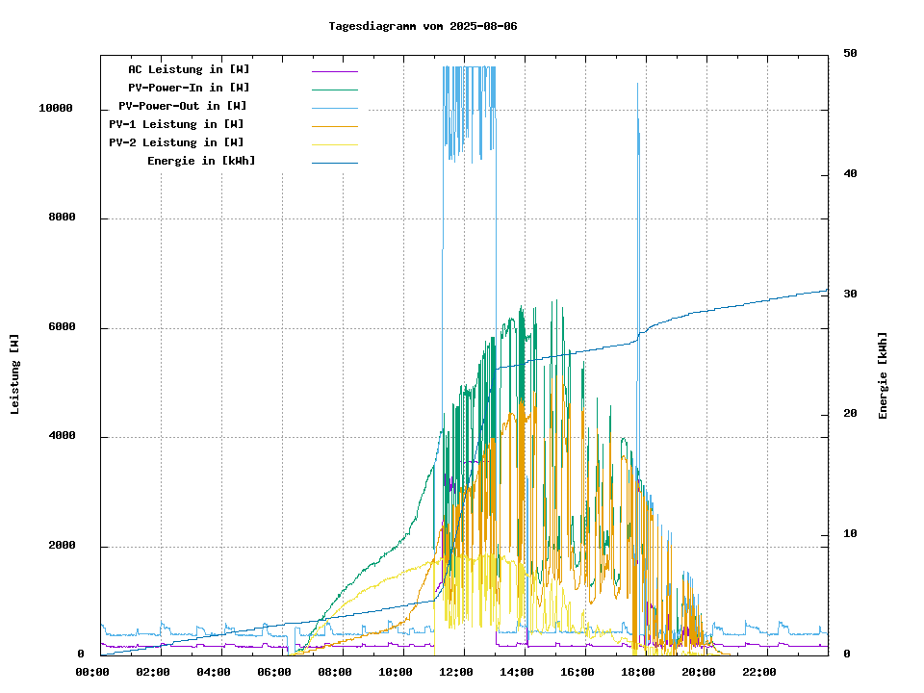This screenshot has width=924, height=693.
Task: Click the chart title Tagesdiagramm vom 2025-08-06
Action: (x=423, y=26)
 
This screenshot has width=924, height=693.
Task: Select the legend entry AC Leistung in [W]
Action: (x=189, y=69)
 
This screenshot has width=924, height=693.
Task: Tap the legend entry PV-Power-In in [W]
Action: (x=189, y=88)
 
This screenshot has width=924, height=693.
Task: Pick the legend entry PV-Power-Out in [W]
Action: (x=183, y=106)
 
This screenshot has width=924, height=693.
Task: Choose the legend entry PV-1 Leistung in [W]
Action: (x=176, y=124)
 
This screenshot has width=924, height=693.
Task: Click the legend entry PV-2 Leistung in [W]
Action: (x=176, y=142)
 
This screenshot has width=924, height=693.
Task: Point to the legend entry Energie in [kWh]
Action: (x=201, y=161)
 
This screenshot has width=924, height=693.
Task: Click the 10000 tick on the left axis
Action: (x=56, y=109)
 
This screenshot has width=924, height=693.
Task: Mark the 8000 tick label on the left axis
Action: (x=62, y=218)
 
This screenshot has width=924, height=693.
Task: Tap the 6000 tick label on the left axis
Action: (x=62, y=328)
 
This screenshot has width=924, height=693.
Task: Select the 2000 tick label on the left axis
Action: (x=62, y=547)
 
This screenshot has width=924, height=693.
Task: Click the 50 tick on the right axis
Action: (x=851, y=53)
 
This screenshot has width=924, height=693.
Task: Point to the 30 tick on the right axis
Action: (x=851, y=294)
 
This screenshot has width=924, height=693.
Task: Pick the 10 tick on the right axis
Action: (x=851, y=534)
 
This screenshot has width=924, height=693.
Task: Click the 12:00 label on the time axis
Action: (x=457, y=672)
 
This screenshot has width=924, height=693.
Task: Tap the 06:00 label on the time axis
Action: (x=275, y=672)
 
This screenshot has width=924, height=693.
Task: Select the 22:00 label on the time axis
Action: (x=760, y=672)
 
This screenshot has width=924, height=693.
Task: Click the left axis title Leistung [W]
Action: (x=15, y=374)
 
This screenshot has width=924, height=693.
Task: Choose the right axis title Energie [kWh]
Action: (x=883, y=375)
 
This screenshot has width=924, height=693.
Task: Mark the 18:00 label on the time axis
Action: (x=639, y=672)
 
